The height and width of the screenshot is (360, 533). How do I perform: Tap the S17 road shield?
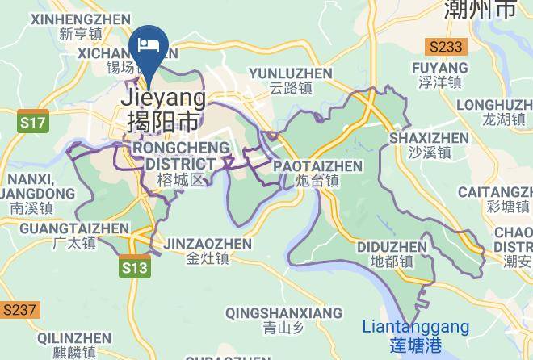click(33, 123)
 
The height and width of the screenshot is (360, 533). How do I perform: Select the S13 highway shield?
click(136, 267)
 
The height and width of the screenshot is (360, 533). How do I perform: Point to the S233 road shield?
click(446, 47)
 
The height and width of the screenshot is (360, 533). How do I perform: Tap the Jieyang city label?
click(162, 109)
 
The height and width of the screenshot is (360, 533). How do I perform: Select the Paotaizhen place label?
click(317, 173)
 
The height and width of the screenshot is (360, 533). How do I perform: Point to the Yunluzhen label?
click(291, 81)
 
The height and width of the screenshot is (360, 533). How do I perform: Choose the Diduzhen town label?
click(392, 253)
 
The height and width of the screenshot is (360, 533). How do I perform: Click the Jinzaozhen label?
click(208, 250)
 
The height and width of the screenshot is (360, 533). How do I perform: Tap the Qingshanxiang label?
click(283, 320)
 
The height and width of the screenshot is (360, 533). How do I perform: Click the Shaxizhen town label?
click(428, 144)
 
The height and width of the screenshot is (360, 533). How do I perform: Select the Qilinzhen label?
click(74, 345)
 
